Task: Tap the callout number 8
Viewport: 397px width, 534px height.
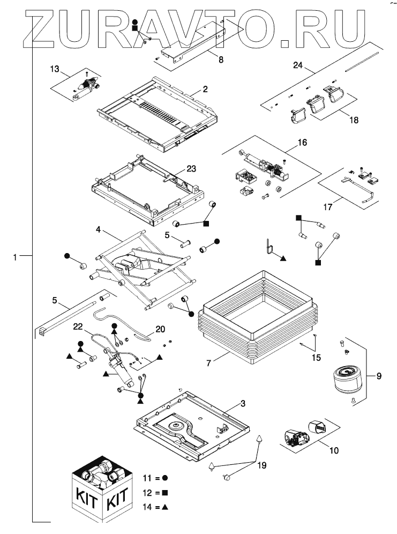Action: coord(221,60)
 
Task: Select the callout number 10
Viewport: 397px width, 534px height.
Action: coord(333,450)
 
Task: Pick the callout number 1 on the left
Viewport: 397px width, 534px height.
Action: coord(16,257)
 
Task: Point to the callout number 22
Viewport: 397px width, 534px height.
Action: coord(78,326)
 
